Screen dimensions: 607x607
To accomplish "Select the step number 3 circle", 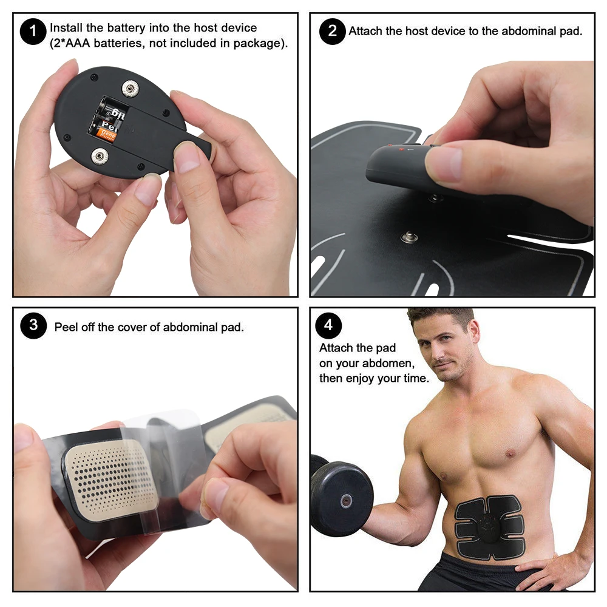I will (33, 326).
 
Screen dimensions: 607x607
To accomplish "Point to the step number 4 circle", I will (328, 326).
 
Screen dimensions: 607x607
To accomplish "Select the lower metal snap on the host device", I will (98, 157).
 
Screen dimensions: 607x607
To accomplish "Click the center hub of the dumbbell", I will (347, 501).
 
